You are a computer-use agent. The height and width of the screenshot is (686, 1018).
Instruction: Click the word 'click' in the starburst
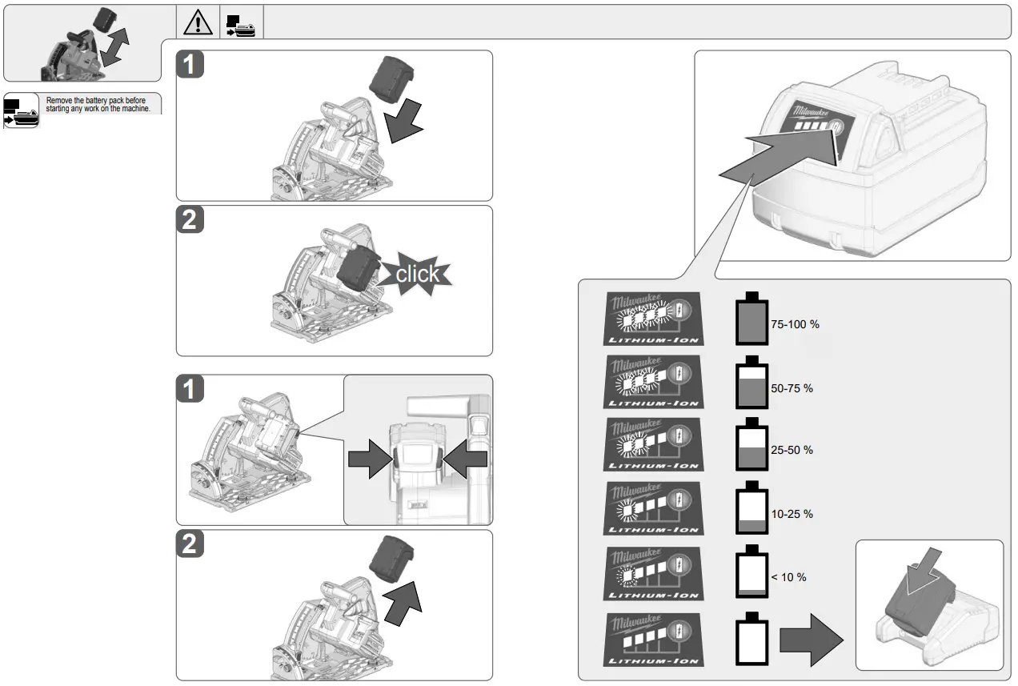pos(417,274)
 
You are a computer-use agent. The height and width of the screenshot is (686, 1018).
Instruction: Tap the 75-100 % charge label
pos(795,325)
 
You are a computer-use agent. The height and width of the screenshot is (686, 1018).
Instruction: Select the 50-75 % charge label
pos(792,388)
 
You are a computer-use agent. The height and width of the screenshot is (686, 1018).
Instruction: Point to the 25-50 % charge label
pos(792,451)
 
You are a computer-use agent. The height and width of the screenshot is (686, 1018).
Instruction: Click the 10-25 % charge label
pos(792,514)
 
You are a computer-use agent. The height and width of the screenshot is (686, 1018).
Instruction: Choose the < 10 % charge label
pos(788,577)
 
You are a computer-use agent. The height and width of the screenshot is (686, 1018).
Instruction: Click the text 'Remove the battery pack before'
pos(96,100)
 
